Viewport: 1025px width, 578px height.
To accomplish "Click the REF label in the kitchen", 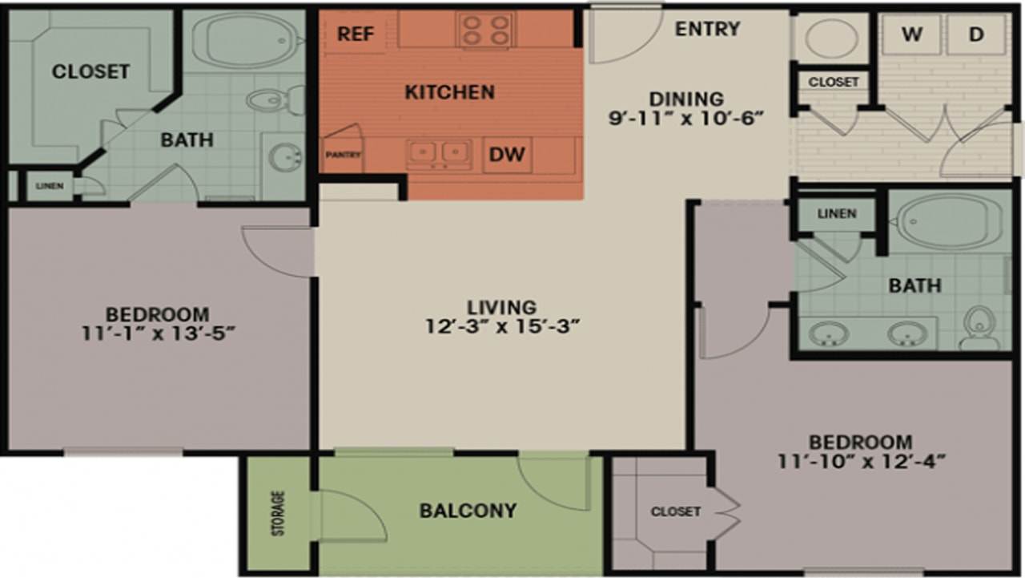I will [x=352, y=34].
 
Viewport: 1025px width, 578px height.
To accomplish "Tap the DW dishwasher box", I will [x=506, y=155].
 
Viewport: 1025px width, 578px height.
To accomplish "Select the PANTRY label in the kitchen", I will [x=341, y=154].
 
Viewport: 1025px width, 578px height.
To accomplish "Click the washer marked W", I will [x=910, y=34].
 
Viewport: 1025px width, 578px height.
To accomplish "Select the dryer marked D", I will [x=975, y=34].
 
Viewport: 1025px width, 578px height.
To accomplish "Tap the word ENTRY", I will [x=707, y=29].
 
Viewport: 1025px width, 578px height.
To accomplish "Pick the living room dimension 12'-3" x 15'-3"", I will [x=502, y=326].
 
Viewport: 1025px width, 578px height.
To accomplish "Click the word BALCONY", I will [x=468, y=511].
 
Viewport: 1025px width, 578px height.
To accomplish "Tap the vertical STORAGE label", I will [x=278, y=513].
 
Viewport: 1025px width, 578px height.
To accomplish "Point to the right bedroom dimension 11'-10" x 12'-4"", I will [x=861, y=461].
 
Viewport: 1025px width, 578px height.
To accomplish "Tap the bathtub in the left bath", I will [x=244, y=40].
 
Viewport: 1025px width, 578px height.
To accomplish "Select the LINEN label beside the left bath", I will [x=49, y=186].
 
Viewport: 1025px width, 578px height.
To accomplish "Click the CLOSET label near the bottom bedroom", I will [x=675, y=511].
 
